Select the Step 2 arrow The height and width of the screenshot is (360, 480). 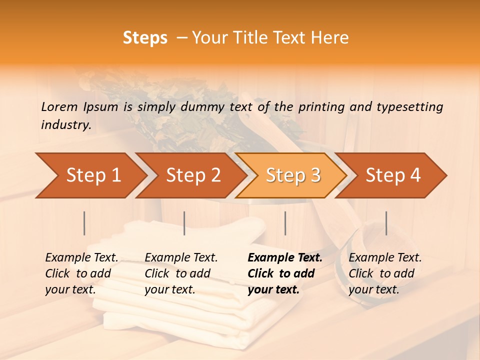pyautogui.click(x=192, y=175)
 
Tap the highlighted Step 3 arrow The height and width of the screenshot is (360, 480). pyautogui.click(x=292, y=175)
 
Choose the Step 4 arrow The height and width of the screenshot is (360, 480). pyautogui.click(x=393, y=175)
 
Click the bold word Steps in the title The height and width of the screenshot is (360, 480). pyautogui.click(x=145, y=38)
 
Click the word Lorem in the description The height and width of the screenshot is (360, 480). pyautogui.click(x=59, y=106)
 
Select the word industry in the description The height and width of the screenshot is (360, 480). pyautogui.click(x=66, y=124)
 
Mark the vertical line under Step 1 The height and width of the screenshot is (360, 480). pyautogui.click(x=84, y=223)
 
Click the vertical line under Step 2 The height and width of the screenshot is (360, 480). pyautogui.click(x=184, y=223)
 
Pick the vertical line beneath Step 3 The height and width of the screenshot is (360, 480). pyautogui.click(x=285, y=223)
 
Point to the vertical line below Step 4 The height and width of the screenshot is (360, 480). pyautogui.click(x=386, y=223)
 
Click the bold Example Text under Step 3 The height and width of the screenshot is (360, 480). pyautogui.click(x=285, y=258)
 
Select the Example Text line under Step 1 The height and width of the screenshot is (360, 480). pyautogui.click(x=81, y=258)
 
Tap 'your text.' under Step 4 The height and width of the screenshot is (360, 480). pyautogui.click(x=373, y=289)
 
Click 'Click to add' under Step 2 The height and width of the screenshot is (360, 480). pyautogui.click(x=177, y=274)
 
